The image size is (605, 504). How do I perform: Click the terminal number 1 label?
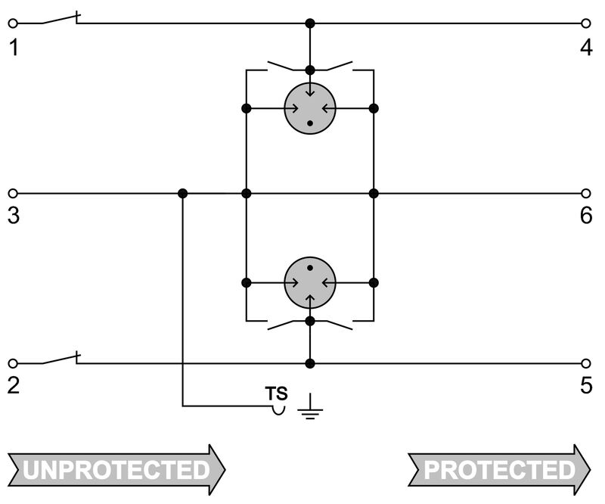coord(14,47)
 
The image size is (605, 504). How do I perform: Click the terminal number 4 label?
coord(586,47)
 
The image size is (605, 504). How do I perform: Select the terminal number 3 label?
coord(14,216)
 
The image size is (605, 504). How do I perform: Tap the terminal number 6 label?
coord(586,216)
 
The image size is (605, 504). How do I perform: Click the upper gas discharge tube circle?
coord(309,108)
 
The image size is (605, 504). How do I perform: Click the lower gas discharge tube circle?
coord(309,283)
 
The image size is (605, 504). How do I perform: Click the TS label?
coord(276,394)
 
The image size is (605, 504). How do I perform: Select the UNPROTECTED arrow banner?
coord(117,470)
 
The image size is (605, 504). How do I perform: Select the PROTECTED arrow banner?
coord(499,470)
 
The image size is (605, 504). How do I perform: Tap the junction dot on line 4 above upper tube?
coord(309,23)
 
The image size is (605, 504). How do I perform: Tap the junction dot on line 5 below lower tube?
coord(309,363)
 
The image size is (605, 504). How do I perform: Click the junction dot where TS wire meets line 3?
coord(182,193)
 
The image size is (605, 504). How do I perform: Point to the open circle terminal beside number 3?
coord(12,193)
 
